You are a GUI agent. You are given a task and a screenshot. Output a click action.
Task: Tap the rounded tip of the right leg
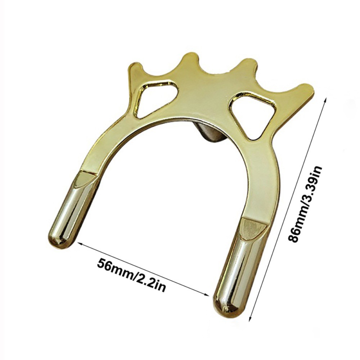pos(226,305)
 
